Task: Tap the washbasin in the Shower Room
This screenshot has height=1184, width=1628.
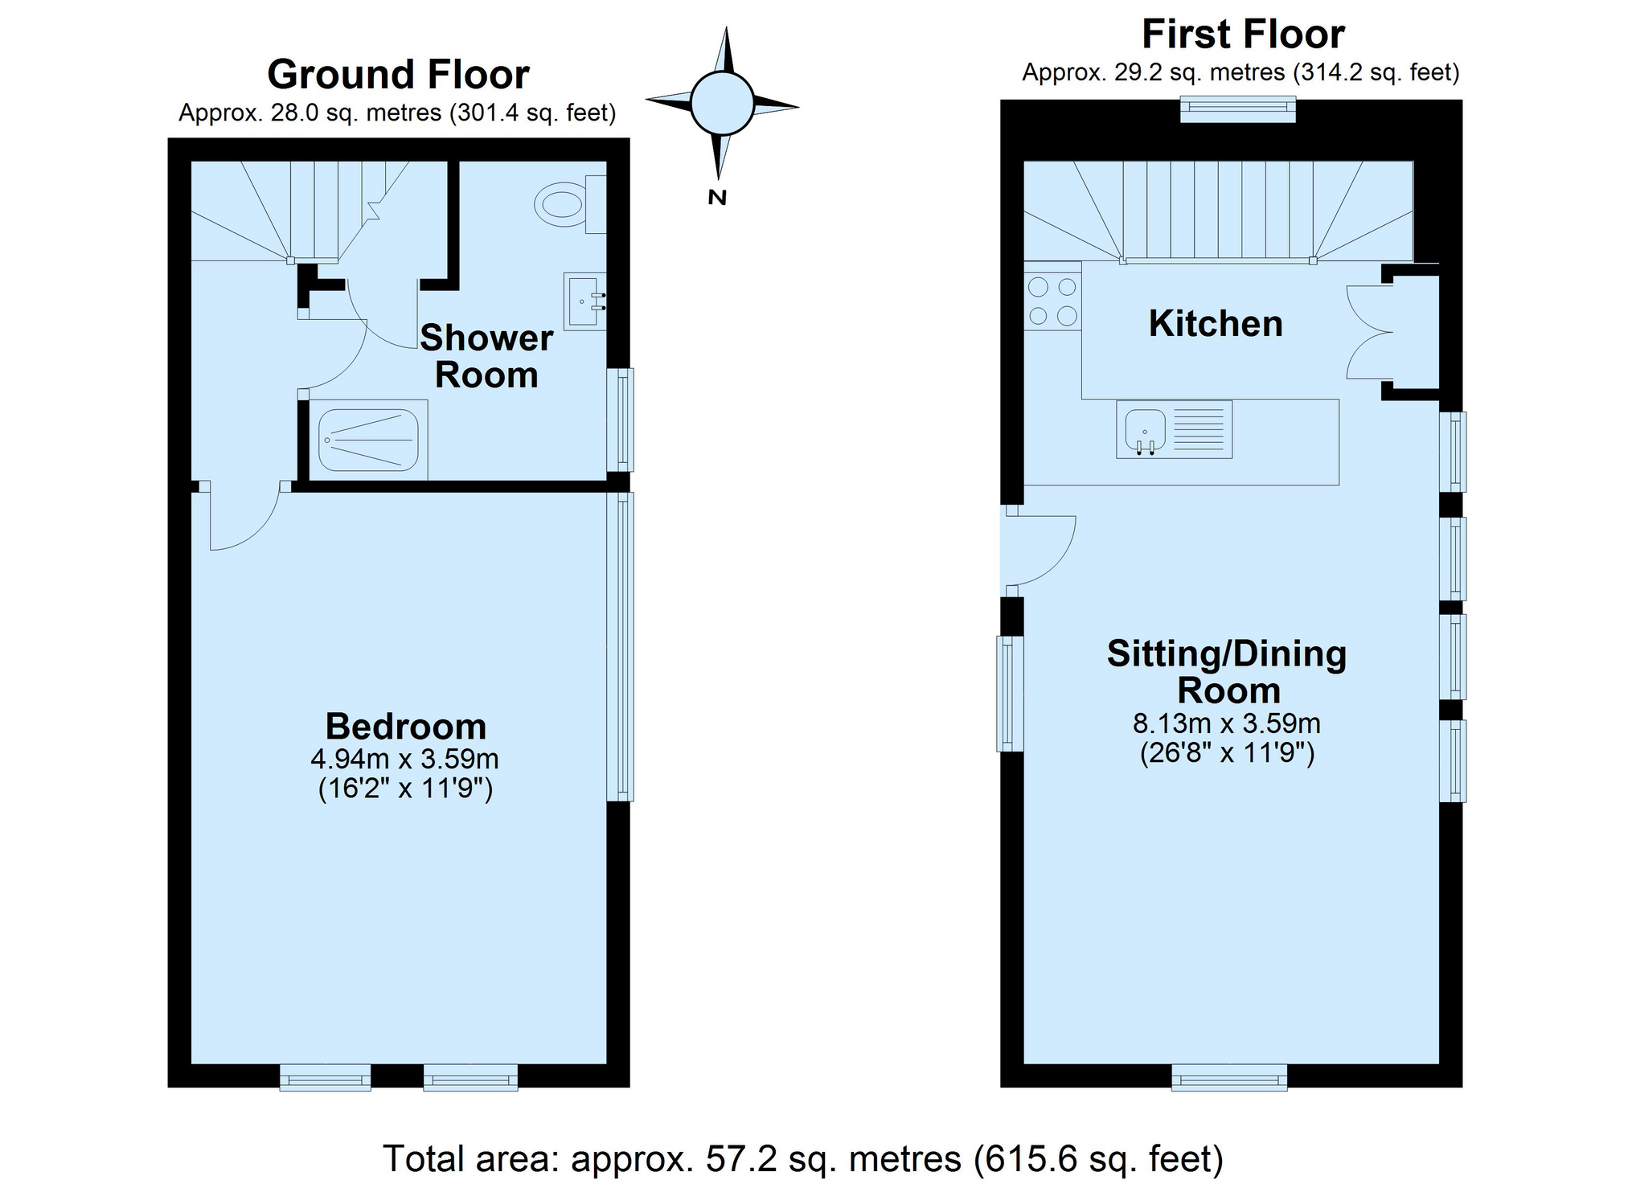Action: click(584, 301)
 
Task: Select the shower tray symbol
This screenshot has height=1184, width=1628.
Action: click(368, 440)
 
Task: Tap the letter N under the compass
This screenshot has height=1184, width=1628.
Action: click(717, 197)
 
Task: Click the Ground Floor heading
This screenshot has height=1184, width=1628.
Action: click(398, 75)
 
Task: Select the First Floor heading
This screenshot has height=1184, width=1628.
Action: click(1243, 35)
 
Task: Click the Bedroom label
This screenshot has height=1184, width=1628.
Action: click(406, 727)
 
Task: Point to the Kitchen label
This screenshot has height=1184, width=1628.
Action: click(1215, 324)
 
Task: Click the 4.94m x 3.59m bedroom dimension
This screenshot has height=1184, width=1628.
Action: click(404, 758)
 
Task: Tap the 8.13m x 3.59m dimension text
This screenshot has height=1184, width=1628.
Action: click(1226, 723)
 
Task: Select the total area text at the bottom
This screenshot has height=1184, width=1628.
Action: click(802, 1158)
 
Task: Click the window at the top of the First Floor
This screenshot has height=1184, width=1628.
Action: click(1237, 109)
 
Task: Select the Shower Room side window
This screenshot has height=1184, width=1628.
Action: click(620, 419)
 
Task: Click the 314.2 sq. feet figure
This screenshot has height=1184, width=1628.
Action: click(1375, 73)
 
